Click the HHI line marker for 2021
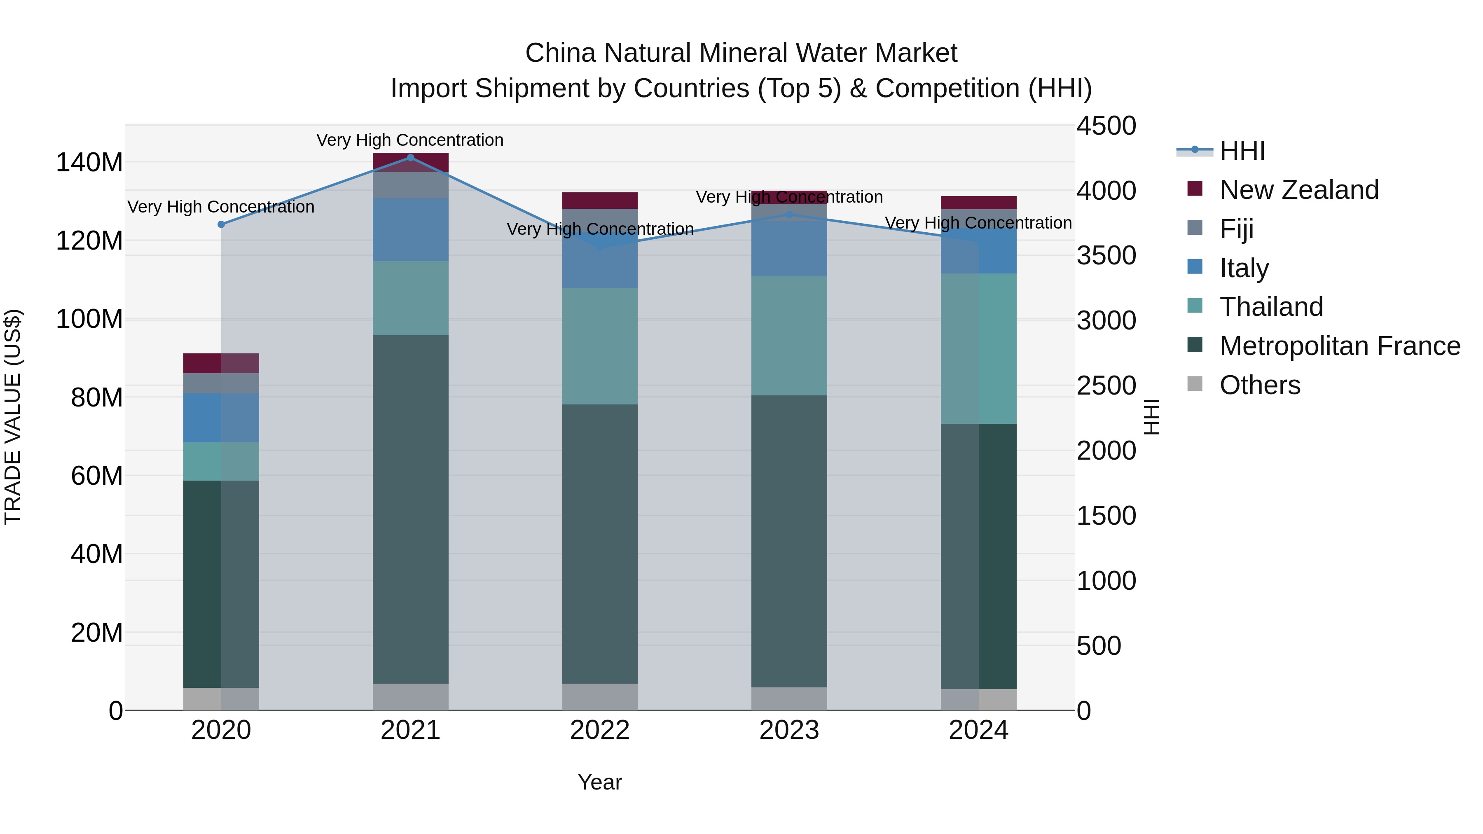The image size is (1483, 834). click(x=410, y=157)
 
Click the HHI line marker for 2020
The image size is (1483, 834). click(x=221, y=224)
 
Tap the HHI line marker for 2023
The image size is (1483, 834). click(x=789, y=215)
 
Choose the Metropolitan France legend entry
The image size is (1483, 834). click(x=1339, y=346)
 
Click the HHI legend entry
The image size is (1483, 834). click(x=1242, y=151)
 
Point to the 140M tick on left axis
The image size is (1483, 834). click(x=89, y=163)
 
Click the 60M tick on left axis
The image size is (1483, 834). click(x=97, y=476)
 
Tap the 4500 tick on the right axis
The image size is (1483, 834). click(x=1106, y=126)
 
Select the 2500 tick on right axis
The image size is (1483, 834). click(x=1106, y=385)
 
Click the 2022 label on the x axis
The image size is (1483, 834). click(x=600, y=730)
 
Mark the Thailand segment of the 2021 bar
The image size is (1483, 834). click(x=410, y=298)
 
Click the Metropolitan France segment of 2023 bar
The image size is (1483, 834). click(x=789, y=541)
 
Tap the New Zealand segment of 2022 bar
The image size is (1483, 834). click(x=600, y=200)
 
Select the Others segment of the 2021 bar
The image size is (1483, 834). click(x=410, y=696)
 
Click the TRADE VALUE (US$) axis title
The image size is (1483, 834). click(x=13, y=417)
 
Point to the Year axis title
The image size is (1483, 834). click(x=600, y=782)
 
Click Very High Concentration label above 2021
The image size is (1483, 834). click(x=410, y=140)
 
